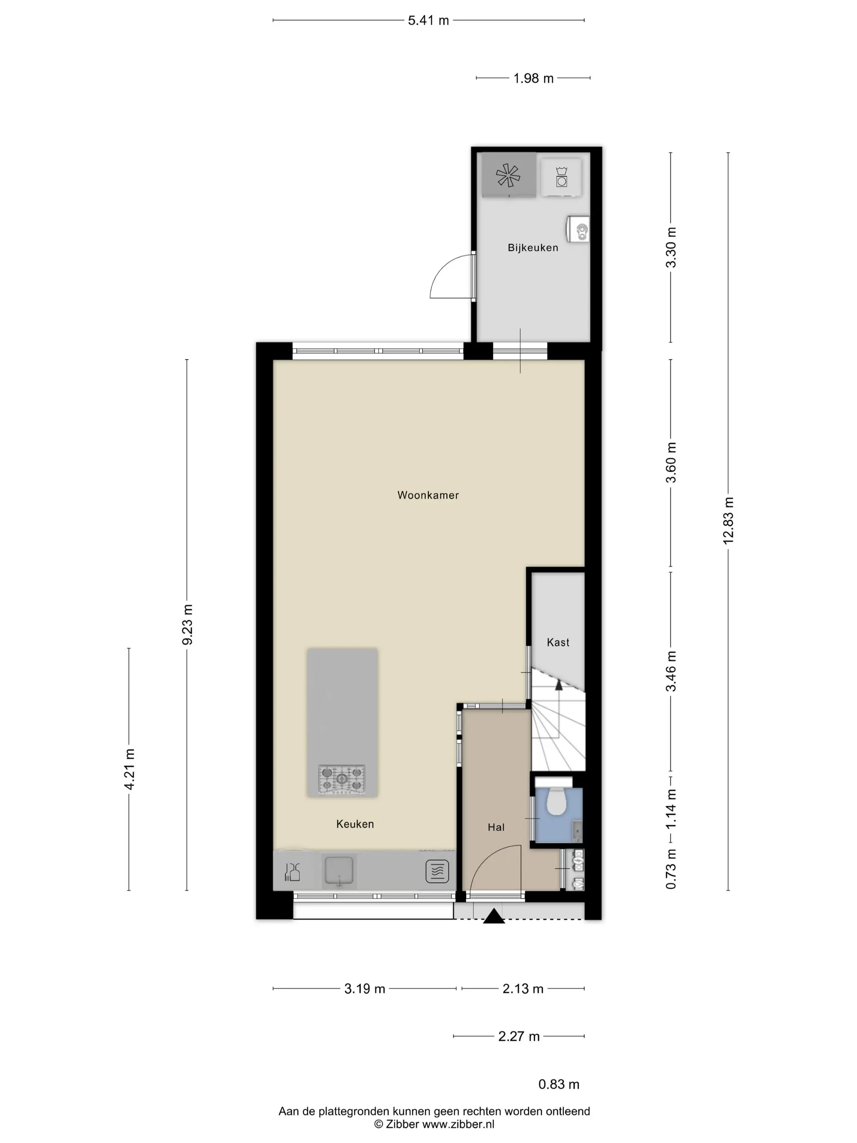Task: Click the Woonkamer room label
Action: (x=428, y=495)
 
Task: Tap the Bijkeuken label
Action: (x=533, y=247)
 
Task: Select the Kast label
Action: (x=558, y=642)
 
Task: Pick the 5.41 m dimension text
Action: (x=428, y=21)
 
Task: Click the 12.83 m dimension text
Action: (x=728, y=521)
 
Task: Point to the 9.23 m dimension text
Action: (x=187, y=624)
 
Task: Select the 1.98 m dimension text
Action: (x=533, y=78)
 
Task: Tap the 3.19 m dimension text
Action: (x=365, y=989)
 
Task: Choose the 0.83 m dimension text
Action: (x=558, y=1084)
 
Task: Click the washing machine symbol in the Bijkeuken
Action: (x=561, y=176)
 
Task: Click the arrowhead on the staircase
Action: (x=558, y=685)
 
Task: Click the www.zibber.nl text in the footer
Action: (x=458, y=1124)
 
